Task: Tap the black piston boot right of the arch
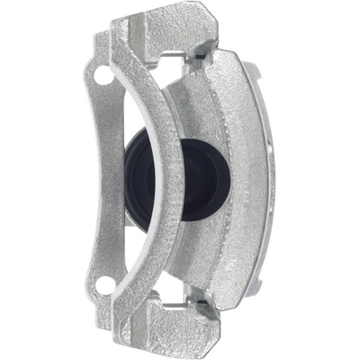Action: (200, 180)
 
